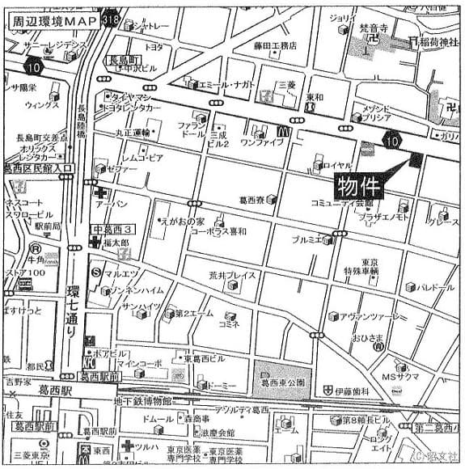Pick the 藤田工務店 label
coord(275,45)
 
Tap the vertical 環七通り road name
coord(72,308)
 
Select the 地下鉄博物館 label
coord(143,402)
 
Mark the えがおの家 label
coord(184,220)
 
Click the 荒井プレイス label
coord(232,275)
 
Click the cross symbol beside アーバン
coord(99,194)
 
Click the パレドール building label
coord(435,287)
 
